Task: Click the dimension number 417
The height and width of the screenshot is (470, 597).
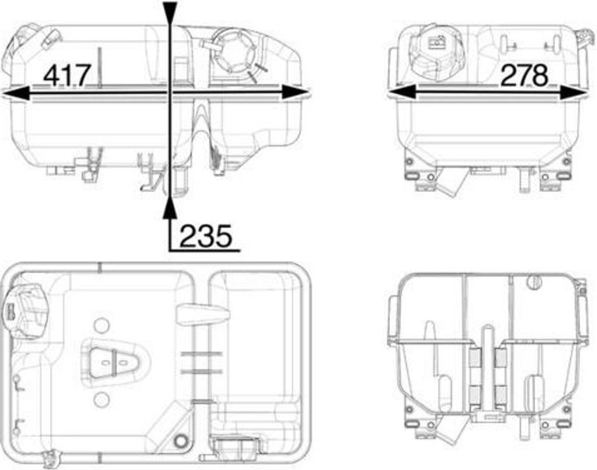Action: click(68, 75)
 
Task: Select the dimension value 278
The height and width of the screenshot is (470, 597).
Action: click(524, 75)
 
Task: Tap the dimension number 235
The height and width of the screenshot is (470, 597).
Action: click(206, 236)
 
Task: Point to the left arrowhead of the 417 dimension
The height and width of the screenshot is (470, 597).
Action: click(16, 93)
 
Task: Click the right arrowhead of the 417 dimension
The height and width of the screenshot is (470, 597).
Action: click(296, 93)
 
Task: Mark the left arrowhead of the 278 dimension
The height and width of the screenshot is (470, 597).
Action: click(401, 93)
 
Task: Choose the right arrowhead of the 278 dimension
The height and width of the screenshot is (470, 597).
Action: click(573, 93)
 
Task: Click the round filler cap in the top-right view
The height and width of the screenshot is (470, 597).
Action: click(436, 53)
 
